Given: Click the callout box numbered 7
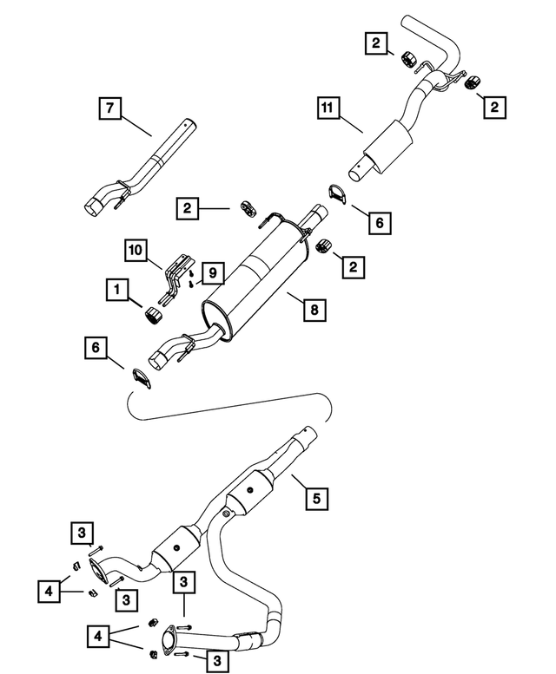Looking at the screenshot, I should tap(110, 110).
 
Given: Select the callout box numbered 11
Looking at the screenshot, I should tap(328, 110).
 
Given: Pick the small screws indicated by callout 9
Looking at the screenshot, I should tap(189, 276).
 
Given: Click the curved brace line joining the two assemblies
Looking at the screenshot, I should tap(230, 415).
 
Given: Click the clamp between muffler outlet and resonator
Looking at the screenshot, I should tap(337, 194).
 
